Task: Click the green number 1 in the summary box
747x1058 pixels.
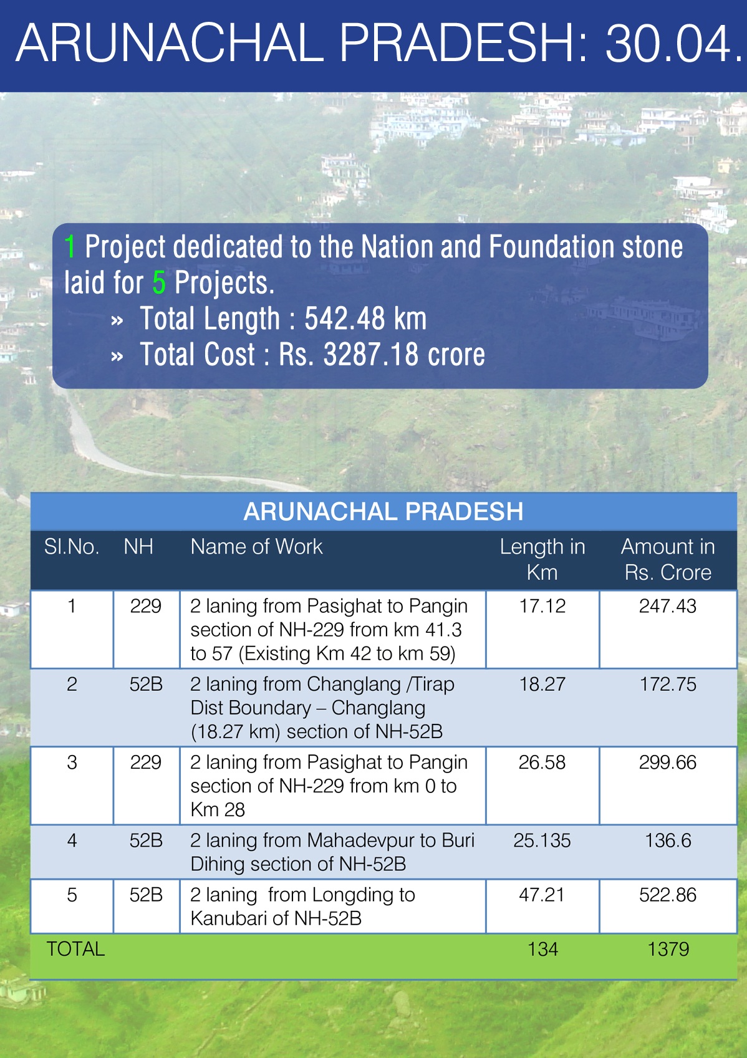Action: [69, 246]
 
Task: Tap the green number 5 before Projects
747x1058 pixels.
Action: [159, 282]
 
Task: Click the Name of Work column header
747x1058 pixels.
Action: [256, 547]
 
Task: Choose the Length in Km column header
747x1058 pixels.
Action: [542, 560]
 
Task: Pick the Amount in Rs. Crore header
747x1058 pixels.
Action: [668, 560]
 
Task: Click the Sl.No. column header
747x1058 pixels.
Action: [72, 547]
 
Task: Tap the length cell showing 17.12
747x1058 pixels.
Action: [542, 606]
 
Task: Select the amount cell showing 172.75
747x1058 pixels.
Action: [668, 685]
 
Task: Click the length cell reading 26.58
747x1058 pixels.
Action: [542, 762]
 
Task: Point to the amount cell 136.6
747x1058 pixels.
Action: [668, 841]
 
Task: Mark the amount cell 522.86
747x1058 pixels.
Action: [668, 895]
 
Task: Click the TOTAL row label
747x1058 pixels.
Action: [75, 950]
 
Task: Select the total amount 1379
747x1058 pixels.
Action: [668, 950]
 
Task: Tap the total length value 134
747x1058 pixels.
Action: [542, 950]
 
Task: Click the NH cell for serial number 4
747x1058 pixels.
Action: [146, 841]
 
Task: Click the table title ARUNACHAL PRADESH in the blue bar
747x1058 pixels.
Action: [383, 511]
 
